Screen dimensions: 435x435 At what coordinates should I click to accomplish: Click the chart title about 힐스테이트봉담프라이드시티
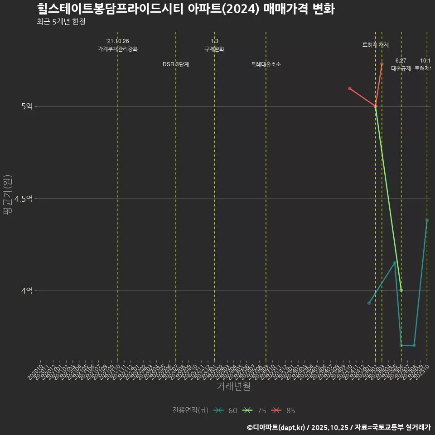tap(186, 9)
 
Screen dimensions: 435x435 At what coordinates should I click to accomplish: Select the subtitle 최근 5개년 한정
tap(61, 22)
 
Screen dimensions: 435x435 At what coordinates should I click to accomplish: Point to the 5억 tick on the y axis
tap(27, 106)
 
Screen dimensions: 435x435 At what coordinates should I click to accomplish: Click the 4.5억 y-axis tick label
tap(24, 198)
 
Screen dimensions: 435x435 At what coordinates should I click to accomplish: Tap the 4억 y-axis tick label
tap(27, 290)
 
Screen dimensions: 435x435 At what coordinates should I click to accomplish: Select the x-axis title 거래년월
tap(233, 387)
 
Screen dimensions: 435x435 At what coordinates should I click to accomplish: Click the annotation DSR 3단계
tap(176, 64)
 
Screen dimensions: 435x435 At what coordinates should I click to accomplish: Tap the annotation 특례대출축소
tap(266, 64)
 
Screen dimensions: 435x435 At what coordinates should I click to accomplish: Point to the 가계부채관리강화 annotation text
tap(118, 49)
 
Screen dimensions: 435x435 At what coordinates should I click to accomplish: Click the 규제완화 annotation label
tap(214, 49)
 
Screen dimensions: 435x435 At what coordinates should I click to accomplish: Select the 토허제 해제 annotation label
tap(376, 45)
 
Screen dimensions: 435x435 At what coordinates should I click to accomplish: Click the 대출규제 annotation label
tap(401, 68)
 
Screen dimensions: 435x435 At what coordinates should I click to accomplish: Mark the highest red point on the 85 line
tap(382, 64)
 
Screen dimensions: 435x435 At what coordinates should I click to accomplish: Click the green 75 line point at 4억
tap(401, 290)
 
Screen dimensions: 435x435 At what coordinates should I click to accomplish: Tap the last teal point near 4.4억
tap(427, 220)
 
